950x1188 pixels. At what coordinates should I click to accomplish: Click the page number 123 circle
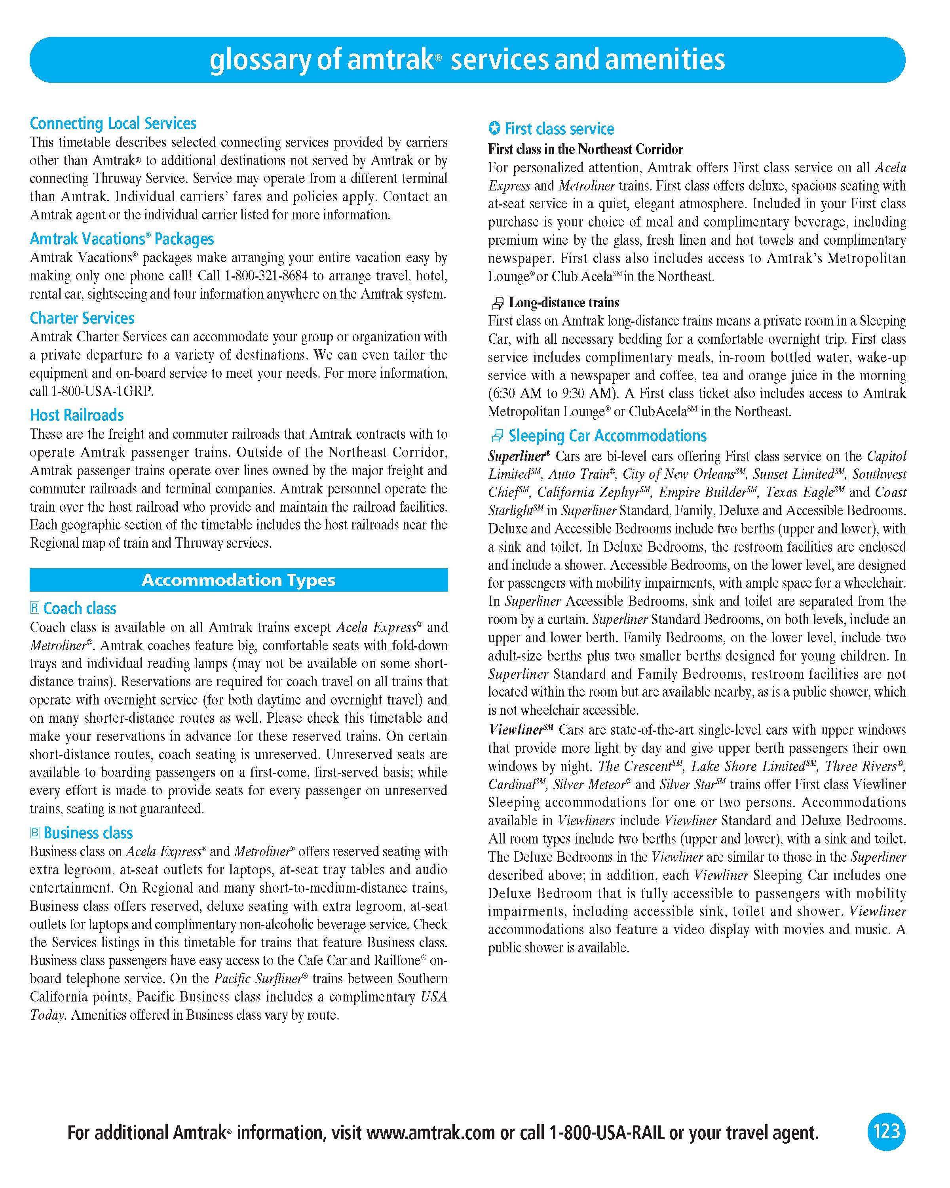click(886, 1132)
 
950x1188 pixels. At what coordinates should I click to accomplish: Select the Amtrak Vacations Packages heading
click(122, 239)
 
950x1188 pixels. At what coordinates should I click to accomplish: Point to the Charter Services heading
click(82, 318)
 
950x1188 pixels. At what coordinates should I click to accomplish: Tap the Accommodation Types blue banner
click(238, 580)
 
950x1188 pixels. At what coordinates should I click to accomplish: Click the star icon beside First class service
click(494, 129)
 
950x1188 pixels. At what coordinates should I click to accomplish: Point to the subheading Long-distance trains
click(563, 303)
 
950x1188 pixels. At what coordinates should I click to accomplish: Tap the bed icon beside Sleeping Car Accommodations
click(497, 436)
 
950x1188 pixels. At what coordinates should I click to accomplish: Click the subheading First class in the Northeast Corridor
click(585, 149)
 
